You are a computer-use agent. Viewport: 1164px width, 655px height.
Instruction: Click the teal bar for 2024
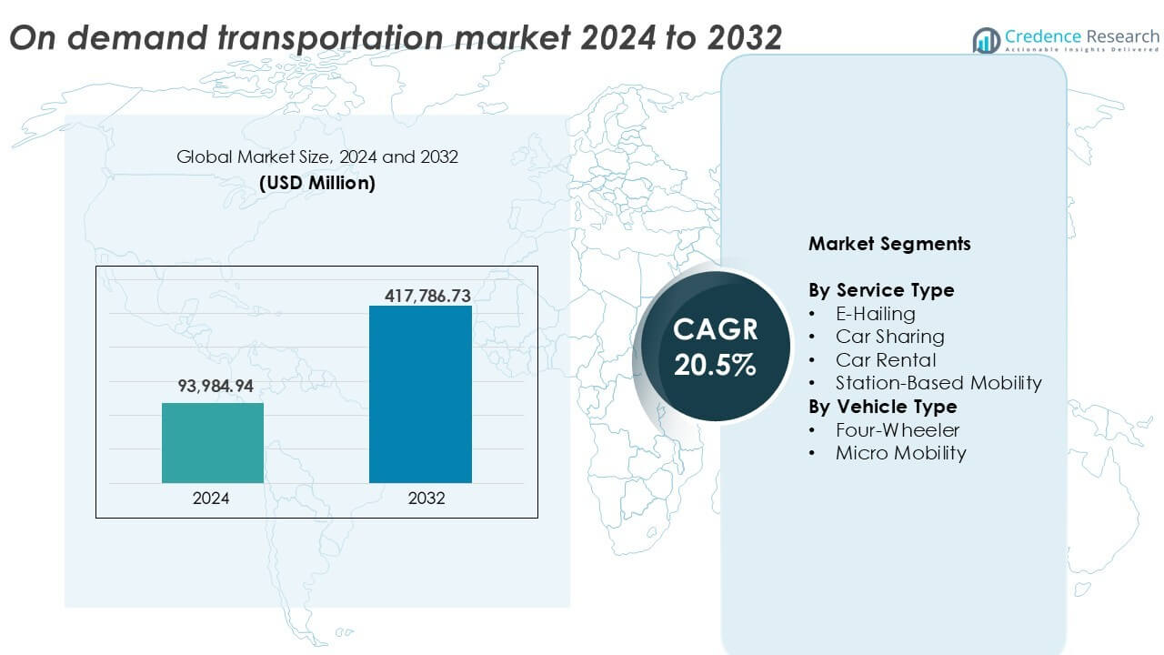(x=213, y=443)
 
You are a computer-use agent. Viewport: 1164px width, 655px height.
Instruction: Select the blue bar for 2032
(x=420, y=394)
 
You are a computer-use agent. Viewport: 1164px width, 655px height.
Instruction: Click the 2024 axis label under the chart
(x=211, y=499)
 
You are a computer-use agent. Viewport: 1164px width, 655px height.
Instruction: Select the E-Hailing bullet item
(x=875, y=314)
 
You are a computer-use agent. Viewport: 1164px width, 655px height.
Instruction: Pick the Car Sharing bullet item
(x=889, y=337)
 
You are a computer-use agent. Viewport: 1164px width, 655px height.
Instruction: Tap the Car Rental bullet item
(x=886, y=360)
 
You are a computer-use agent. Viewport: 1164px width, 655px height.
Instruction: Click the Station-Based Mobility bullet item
(x=938, y=383)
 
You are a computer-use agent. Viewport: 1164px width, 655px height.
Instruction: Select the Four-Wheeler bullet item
(x=898, y=429)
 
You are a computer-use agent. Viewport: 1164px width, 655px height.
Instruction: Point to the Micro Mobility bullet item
(x=900, y=453)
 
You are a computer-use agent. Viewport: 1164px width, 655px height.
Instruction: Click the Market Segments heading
(x=889, y=244)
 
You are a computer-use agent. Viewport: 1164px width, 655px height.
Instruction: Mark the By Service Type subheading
(x=881, y=290)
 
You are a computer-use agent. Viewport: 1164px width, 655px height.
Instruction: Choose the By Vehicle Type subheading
(x=882, y=407)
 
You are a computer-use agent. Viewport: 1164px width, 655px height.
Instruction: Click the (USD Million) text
(x=316, y=183)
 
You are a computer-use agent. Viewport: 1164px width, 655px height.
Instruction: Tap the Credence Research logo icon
(x=986, y=40)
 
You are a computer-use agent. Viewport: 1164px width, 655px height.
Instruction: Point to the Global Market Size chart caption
(x=316, y=157)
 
